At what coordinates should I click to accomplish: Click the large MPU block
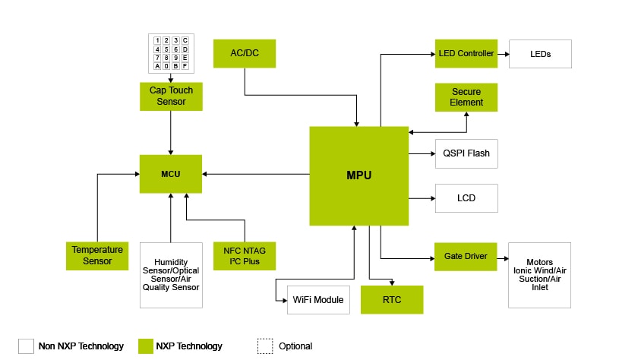click(358, 176)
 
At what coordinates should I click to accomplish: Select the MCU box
click(171, 174)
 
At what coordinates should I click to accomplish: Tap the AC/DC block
click(245, 53)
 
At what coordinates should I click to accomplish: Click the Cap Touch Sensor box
click(171, 96)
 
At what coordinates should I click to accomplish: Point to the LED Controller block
click(466, 54)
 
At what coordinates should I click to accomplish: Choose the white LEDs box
click(540, 54)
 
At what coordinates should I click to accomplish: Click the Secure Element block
click(466, 96)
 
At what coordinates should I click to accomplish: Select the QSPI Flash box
click(466, 153)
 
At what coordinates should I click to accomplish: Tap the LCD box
click(466, 198)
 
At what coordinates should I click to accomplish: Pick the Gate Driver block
click(465, 257)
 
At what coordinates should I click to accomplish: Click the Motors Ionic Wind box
click(539, 275)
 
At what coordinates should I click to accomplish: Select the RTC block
click(392, 300)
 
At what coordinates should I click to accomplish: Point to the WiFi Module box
click(318, 300)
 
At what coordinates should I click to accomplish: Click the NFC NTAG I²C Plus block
click(245, 256)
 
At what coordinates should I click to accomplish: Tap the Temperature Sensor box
click(98, 256)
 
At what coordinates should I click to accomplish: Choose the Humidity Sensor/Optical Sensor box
click(171, 275)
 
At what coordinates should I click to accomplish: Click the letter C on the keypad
click(185, 40)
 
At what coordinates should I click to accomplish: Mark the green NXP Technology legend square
click(147, 346)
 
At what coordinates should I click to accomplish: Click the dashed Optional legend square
click(265, 346)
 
